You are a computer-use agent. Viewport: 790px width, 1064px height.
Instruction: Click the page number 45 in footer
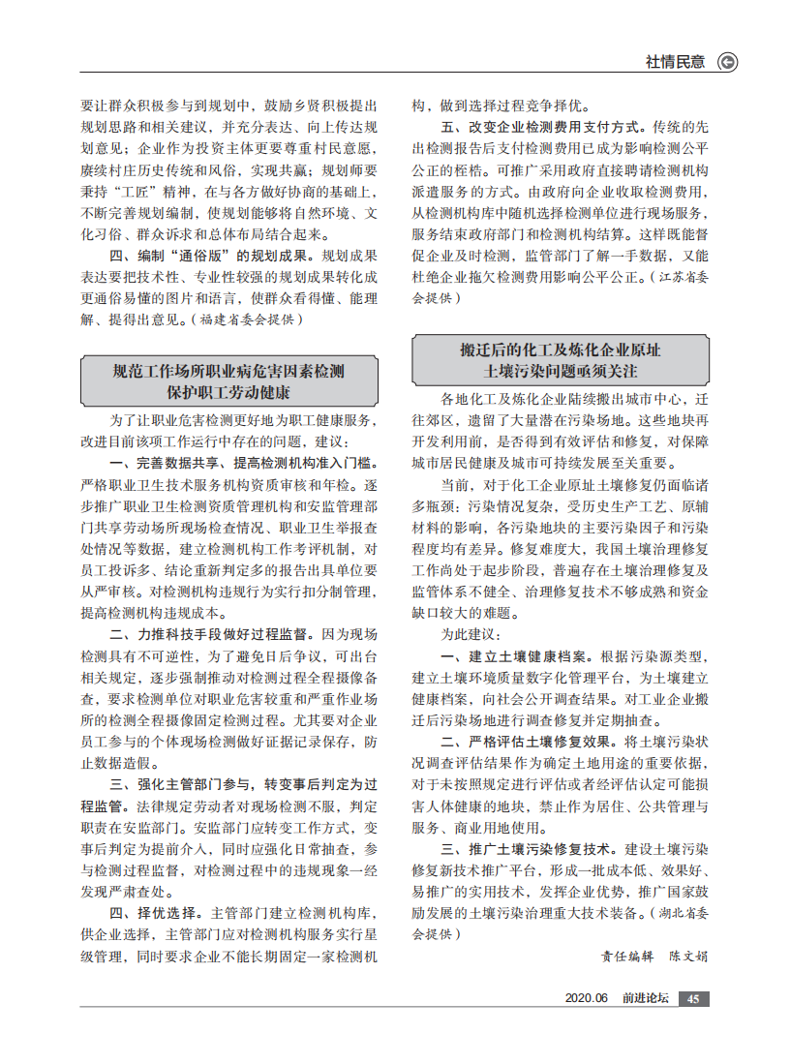(x=693, y=999)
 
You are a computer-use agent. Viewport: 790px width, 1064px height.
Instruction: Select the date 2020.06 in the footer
(x=586, y=999)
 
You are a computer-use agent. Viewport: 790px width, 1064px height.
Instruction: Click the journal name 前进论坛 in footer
(x=645, y=999)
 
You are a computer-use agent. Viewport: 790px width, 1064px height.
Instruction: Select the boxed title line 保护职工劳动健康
(x=228, y=393)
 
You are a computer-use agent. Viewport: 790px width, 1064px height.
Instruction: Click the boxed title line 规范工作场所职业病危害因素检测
(x=228, y=371)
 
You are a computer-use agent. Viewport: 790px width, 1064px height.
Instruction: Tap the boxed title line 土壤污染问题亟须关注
(x=561, y=371)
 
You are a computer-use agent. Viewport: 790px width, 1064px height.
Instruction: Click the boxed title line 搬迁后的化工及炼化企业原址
(x=561, y=349)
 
